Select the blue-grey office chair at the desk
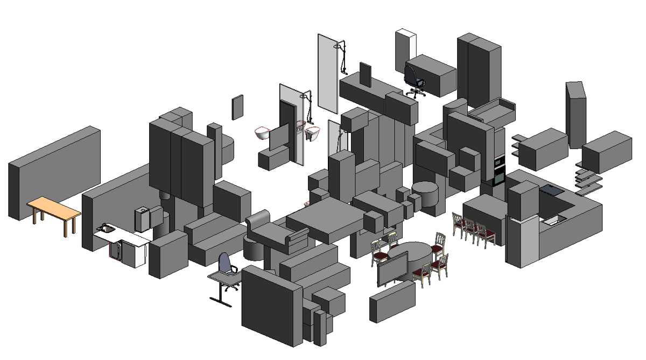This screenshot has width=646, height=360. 226,266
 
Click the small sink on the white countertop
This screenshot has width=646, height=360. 106,230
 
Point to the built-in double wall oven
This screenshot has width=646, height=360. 499,169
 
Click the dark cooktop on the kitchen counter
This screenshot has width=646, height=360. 551,189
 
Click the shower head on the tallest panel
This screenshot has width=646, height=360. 338,46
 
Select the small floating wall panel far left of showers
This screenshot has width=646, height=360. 237,107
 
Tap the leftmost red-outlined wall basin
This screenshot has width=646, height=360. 262,132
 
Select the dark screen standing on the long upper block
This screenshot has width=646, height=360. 366,74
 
